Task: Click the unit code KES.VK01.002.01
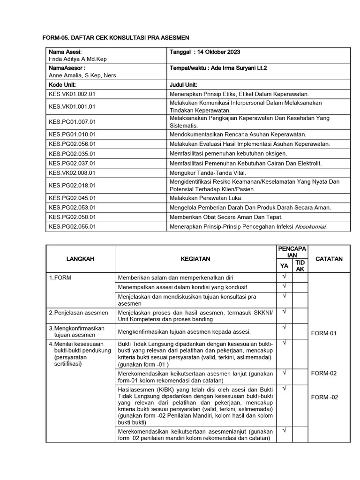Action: tap(72, 94)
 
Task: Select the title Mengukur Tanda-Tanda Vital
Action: tap(204, 173)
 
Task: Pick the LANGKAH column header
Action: tap(80, 259)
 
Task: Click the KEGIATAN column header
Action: tap(195, 259)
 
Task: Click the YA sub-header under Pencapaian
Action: tap(284, 266)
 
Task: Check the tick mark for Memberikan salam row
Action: tap(284, 277)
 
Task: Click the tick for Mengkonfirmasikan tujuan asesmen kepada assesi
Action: tap(284, 327)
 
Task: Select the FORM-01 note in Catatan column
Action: tap(324, 334)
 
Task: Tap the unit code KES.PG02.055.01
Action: tap(72, 227)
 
